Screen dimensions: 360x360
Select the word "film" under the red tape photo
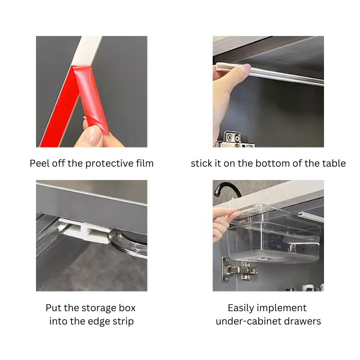145,163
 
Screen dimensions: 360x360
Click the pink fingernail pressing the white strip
246,68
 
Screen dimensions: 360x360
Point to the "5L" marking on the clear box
279,246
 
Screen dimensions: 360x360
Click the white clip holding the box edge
85,231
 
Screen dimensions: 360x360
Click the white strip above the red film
87,51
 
